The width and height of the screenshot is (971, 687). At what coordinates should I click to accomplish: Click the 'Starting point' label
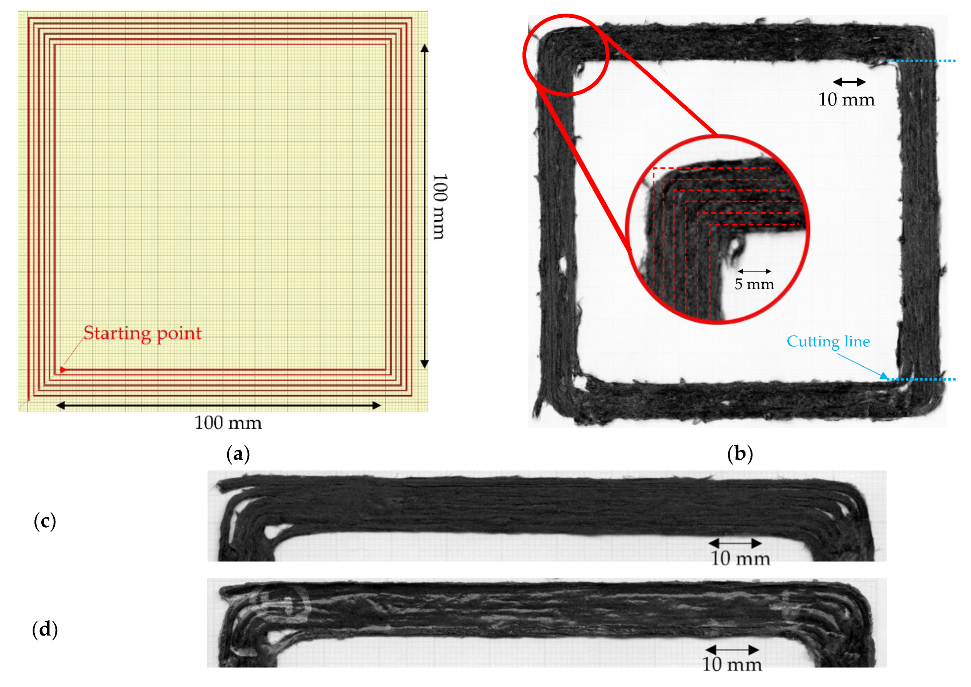tap(142, 333)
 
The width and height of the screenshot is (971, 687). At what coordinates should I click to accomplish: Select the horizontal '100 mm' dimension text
tap(228, 423)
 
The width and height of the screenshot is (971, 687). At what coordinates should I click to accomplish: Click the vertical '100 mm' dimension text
tap(440, 207)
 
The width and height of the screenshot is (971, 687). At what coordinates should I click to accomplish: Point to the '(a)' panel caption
tap(238, 454)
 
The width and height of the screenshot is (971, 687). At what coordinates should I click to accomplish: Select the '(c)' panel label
tap(45, 521)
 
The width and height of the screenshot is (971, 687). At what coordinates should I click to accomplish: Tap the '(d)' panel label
tap(45, 629)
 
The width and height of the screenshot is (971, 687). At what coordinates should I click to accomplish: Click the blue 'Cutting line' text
tap(828, 341)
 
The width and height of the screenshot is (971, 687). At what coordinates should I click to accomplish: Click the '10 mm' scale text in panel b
tap(846, 100)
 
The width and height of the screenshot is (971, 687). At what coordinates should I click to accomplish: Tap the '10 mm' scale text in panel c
tap(740, 559)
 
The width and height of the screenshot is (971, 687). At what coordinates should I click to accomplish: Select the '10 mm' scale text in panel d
tap(732, 665)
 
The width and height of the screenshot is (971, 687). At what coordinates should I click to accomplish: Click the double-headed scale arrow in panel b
tap(849, 82)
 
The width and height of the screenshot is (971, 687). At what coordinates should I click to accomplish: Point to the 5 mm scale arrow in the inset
tap(754, 271)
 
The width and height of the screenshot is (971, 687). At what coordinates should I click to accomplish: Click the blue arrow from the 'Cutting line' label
tap(863, 366)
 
